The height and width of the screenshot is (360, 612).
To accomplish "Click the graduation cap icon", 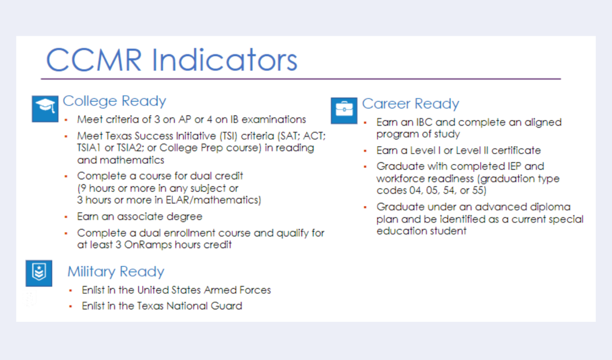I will (45, 108).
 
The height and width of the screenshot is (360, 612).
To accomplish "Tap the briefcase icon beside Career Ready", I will (344, 110).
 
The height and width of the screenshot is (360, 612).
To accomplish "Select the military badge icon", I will (39, 273).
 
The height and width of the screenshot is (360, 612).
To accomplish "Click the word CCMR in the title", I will (94, 60).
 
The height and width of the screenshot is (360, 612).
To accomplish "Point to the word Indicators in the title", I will (224, 60).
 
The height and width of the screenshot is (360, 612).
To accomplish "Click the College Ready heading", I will (114, 101).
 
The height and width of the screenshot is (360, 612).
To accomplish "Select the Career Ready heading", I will (410, 104).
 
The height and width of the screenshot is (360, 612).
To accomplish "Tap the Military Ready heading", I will (116, 272).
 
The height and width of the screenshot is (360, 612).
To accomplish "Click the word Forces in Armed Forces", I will (255, 290).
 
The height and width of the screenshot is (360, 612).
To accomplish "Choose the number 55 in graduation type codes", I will (478, 190).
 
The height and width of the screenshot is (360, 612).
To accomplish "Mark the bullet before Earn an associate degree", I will (66, 217).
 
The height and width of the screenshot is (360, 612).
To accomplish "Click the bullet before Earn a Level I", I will (365, 151).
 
